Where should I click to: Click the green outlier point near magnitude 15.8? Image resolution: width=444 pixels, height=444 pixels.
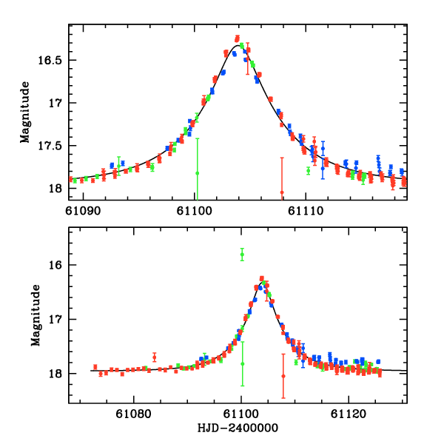click(x=242, y=255)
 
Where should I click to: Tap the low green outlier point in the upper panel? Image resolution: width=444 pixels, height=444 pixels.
click(x=197, y=172)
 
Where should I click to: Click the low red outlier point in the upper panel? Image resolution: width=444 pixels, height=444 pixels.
click(x=282, y=192)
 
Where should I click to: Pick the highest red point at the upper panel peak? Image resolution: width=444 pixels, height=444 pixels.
click(x=238, y=37)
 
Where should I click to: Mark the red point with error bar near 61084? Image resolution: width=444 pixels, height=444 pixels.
click(x=155, y=357)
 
